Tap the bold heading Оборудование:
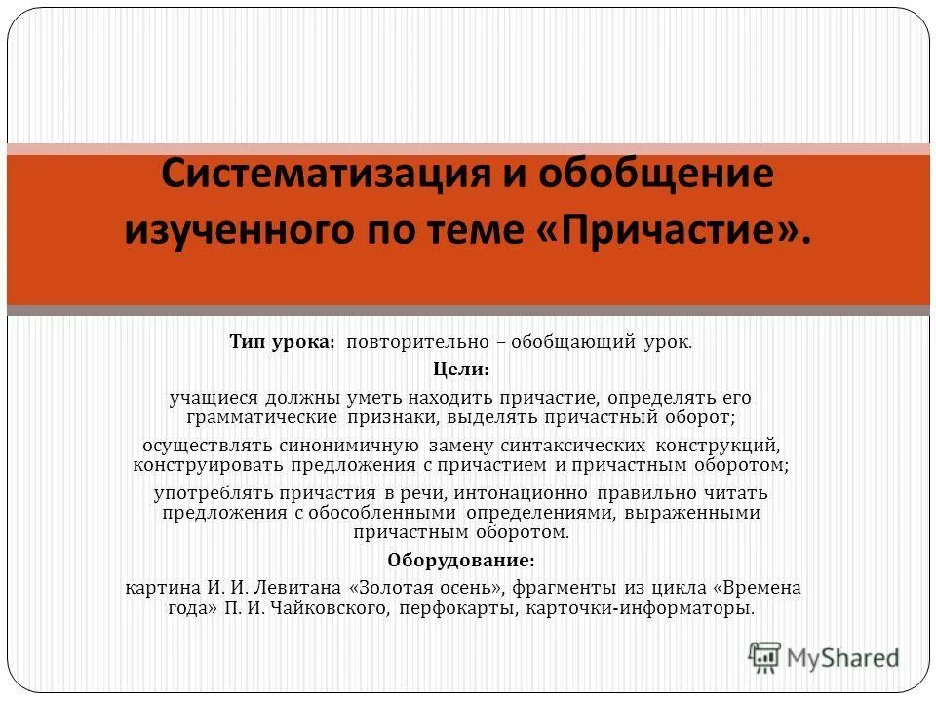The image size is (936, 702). [x=461, y=561]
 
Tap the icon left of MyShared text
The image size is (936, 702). [x=765, y=658]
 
